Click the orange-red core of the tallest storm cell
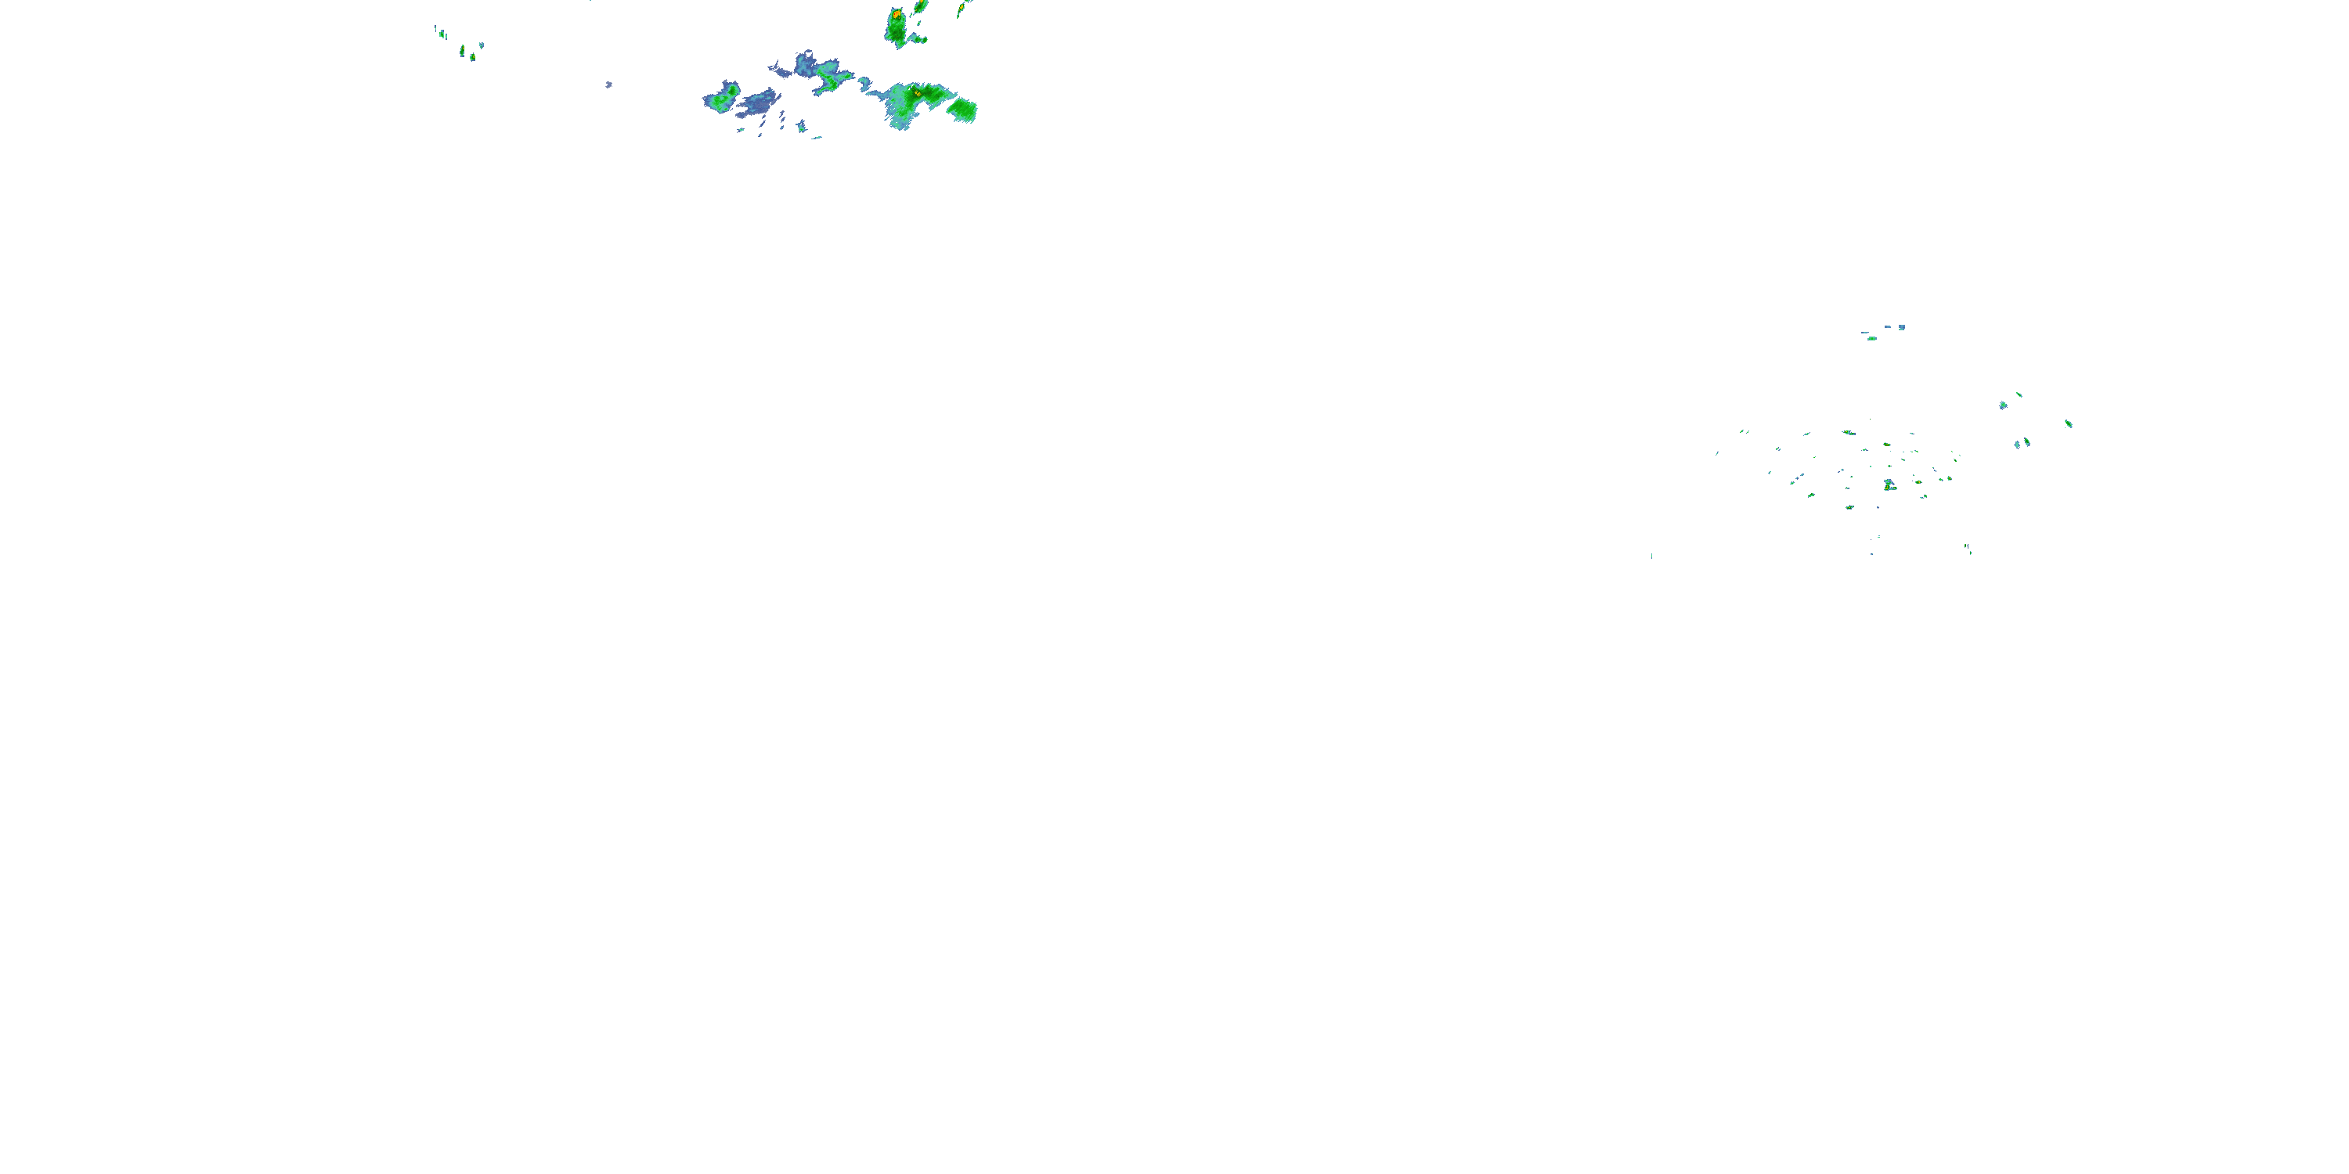click(897, 15)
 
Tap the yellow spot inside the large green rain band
click(916, 93)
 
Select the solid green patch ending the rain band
click(962, 110)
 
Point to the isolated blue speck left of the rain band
click(608, 85)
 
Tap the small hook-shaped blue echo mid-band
click(864, 84)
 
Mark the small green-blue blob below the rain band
click(802, 127)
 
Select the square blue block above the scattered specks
click(1901, 326)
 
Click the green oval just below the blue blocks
click(1871, 338)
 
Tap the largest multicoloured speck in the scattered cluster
click(1889, 485)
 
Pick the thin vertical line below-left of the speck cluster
click(1651, 555)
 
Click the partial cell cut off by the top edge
click(920, 5)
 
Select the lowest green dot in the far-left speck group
click(472, 56)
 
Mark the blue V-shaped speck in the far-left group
click(481, 44)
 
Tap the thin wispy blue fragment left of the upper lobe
click(778, 68)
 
